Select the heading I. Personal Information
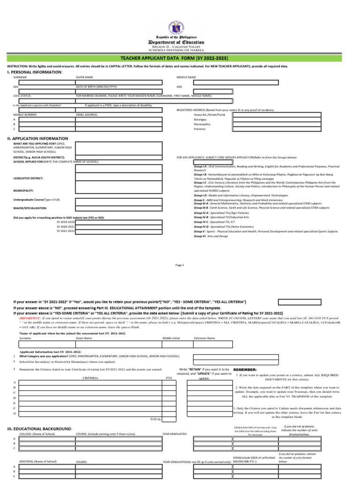click(x=34, y=72)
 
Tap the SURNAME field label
click(x=20, y=77)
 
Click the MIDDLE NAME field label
click(x=186, y=77)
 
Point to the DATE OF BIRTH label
click(x=97, y=87)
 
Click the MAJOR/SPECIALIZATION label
click(x=30, y=208)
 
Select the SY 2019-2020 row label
click(x=66, y=222)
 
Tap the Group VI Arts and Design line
click(x=212, y=236)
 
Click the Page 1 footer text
click(x=180, y=265)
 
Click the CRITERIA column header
click(x=90, y=377)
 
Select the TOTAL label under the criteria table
click(x=155, y=419)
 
